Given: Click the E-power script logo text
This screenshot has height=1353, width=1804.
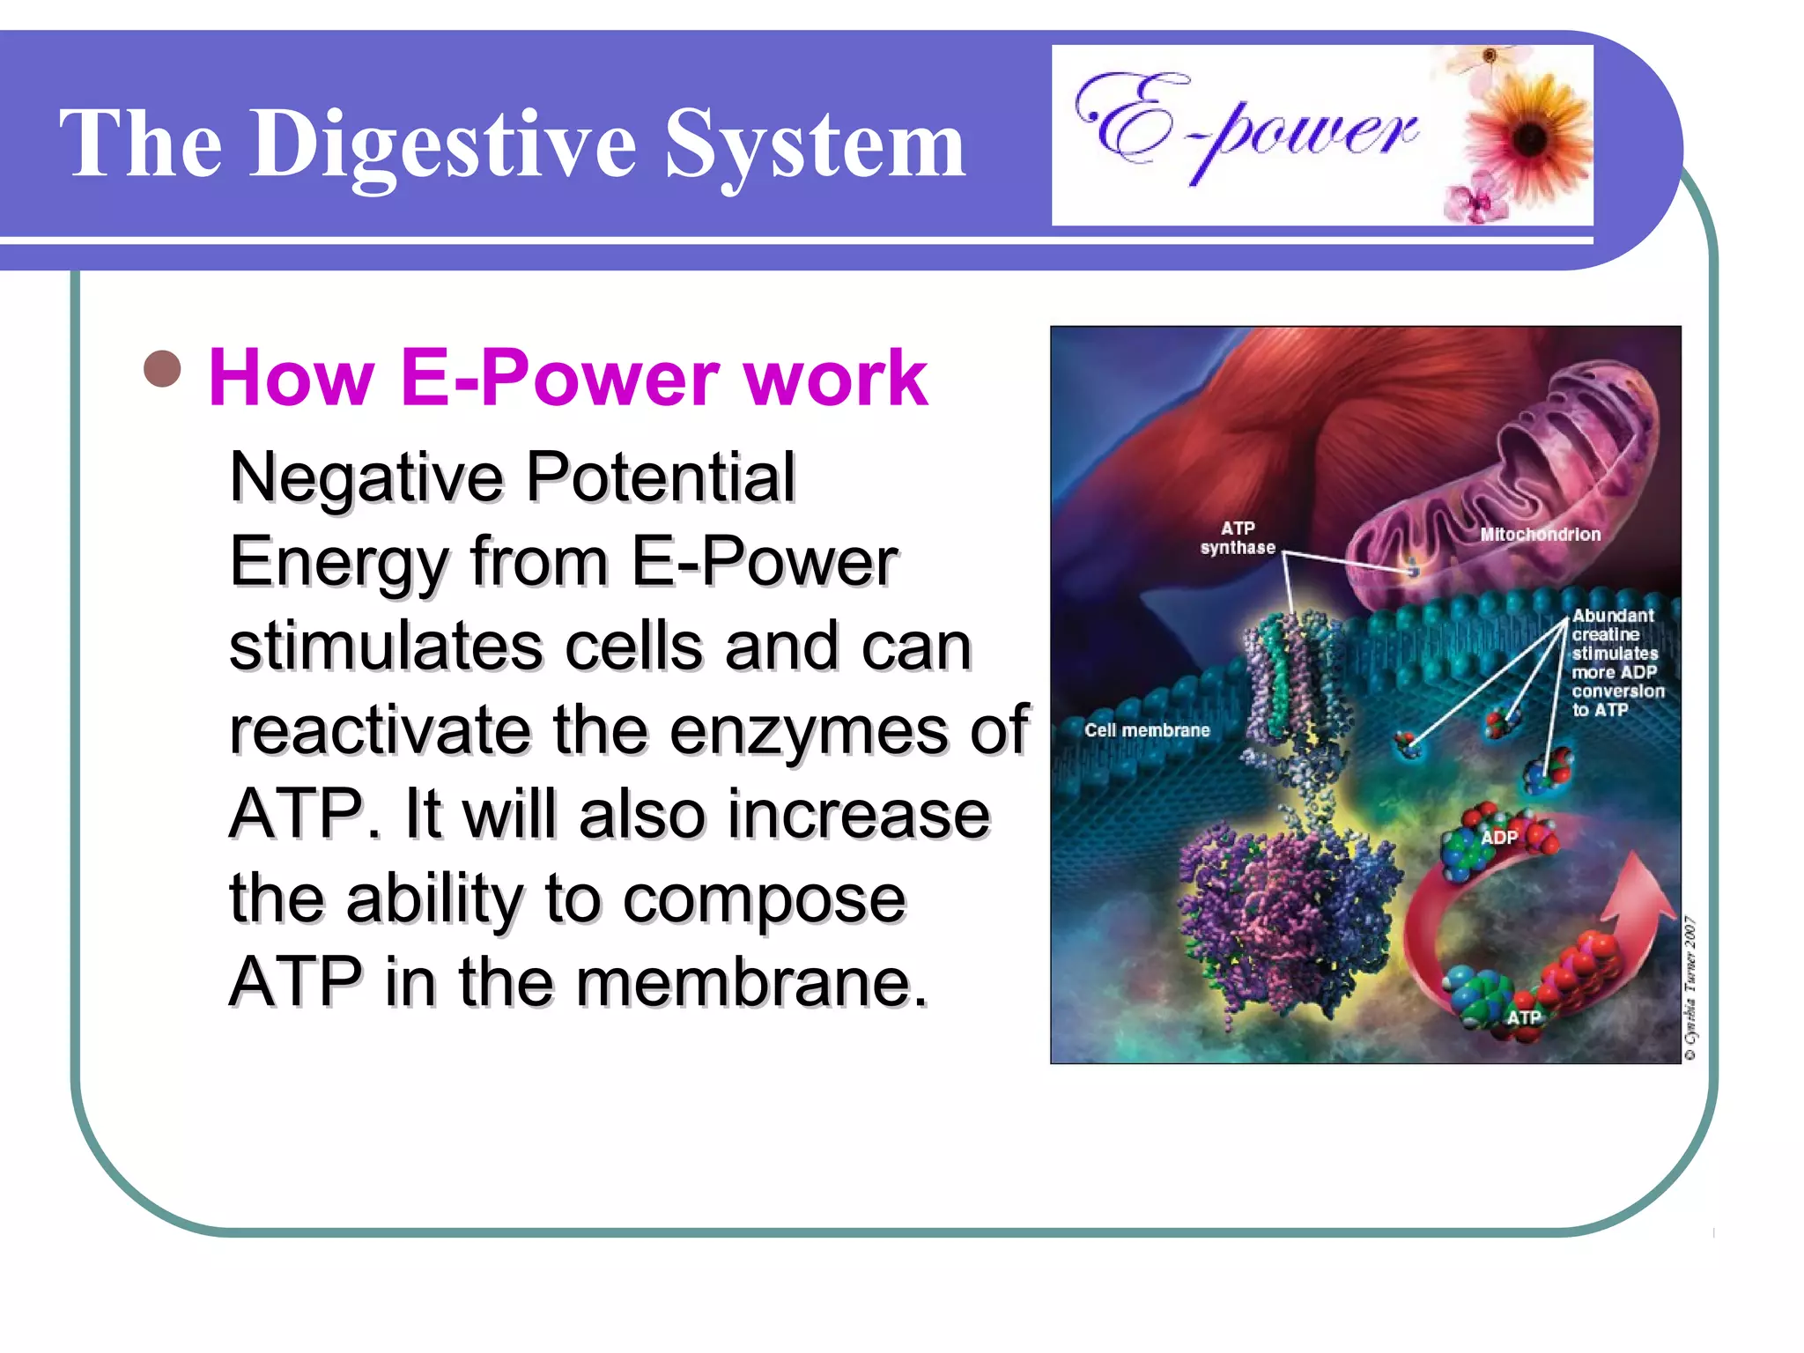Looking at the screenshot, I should point(1246,128).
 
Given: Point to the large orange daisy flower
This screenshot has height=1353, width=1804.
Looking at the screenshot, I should point(1530,137).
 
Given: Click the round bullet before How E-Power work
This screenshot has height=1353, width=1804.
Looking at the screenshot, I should point(162,370).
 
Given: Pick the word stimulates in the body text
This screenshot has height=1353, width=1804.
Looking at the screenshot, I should point(386,647).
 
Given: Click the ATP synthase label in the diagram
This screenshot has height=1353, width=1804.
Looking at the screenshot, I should point(1238,537).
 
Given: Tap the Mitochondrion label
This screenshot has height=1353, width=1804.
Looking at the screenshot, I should point(1540,535).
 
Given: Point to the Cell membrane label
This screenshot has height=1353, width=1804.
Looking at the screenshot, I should point(1147,730).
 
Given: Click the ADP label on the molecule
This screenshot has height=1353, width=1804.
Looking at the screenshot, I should point(1499,837).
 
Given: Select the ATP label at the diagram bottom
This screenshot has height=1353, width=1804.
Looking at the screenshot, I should point(1524,1017).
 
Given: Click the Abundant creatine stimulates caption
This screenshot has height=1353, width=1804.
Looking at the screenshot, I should point(1616,662).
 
